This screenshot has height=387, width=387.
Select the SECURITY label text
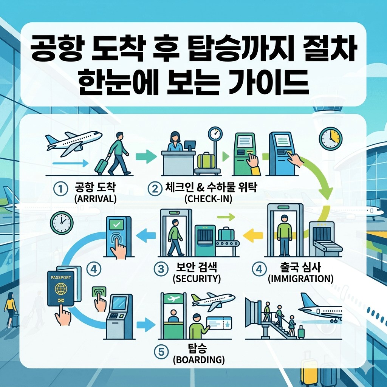(196, 279)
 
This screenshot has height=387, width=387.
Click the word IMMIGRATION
(300, 279)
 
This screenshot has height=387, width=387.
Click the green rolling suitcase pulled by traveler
(102, 166)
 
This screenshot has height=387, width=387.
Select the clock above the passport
(61, 223)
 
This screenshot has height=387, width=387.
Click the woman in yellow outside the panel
(11, 311)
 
